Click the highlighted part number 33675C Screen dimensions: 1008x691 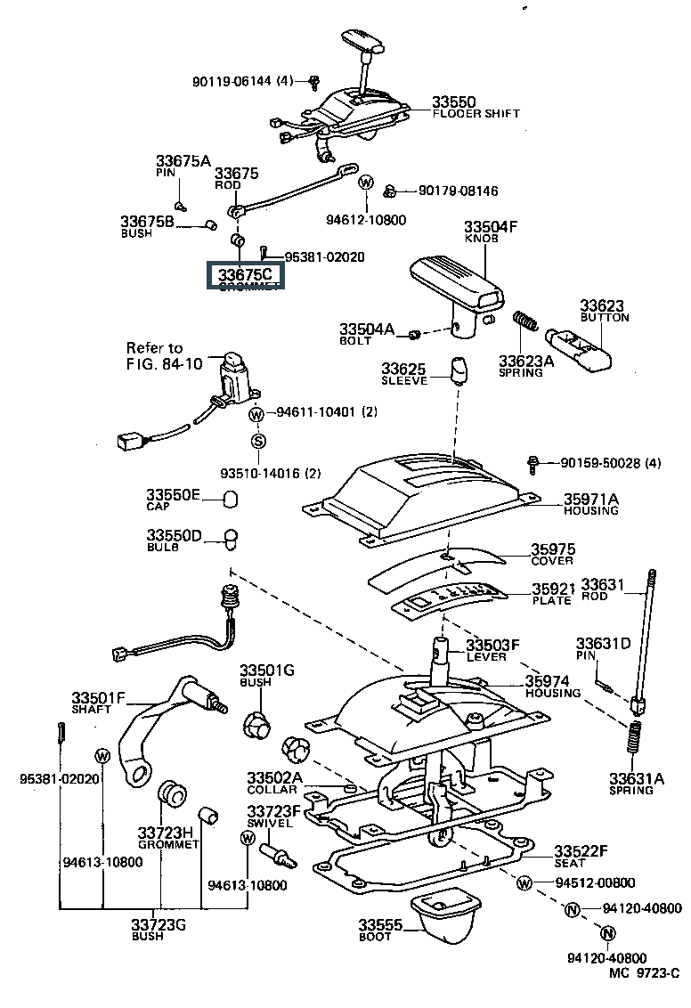[x=245, y=274]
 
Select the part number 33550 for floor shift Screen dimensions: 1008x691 [x=454, y=102]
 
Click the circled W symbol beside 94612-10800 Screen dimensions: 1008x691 [x=365, y=183]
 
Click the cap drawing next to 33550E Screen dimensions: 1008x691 [x=231, y=498]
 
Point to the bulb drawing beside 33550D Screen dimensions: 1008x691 [x=231, y=539]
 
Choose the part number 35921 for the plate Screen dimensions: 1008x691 [x=553, y=589]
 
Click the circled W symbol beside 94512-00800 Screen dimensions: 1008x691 [x=525, y=883]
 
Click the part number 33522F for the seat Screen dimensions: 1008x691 [x=581, y=851]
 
